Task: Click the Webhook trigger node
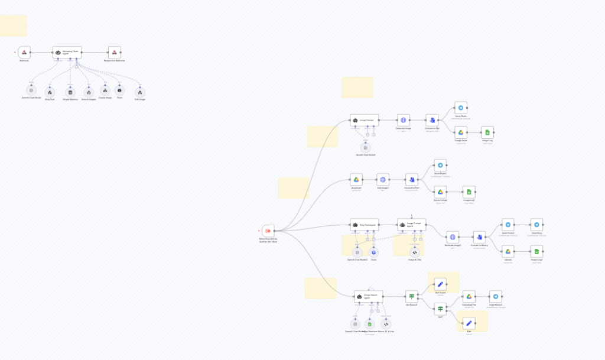coord(24,52)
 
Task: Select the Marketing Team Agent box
coord(67,52)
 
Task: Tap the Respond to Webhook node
coord(114,52)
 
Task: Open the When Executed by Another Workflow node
coord(268,230)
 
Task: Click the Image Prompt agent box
coord(364,120)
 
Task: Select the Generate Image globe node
coord(404,120)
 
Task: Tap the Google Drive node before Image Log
coord(461,132)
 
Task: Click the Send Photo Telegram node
coord(461,108)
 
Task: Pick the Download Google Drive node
coord(356,179)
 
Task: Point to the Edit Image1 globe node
coord(383,179)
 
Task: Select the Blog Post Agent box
coord(364,225)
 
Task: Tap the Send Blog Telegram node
coord(536,225)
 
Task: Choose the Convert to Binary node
coord(479,236)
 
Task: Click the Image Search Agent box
coord(368,296)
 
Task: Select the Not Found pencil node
coord(440,284)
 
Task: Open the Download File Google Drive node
coord(469,296)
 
